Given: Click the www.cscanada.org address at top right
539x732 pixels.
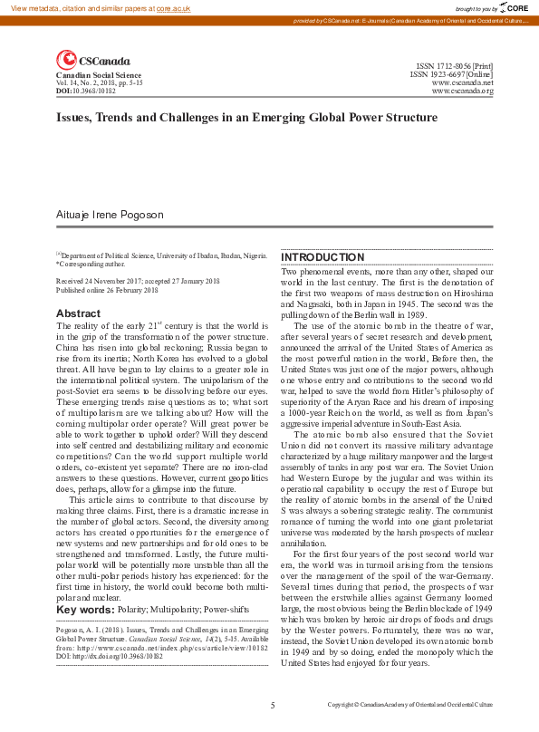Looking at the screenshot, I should [x=462, y=91].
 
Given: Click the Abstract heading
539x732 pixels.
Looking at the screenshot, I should [x=78, y=313].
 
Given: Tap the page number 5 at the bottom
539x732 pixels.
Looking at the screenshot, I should [x=272, y=704].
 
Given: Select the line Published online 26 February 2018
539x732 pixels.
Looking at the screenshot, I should [x=107, y=290].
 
